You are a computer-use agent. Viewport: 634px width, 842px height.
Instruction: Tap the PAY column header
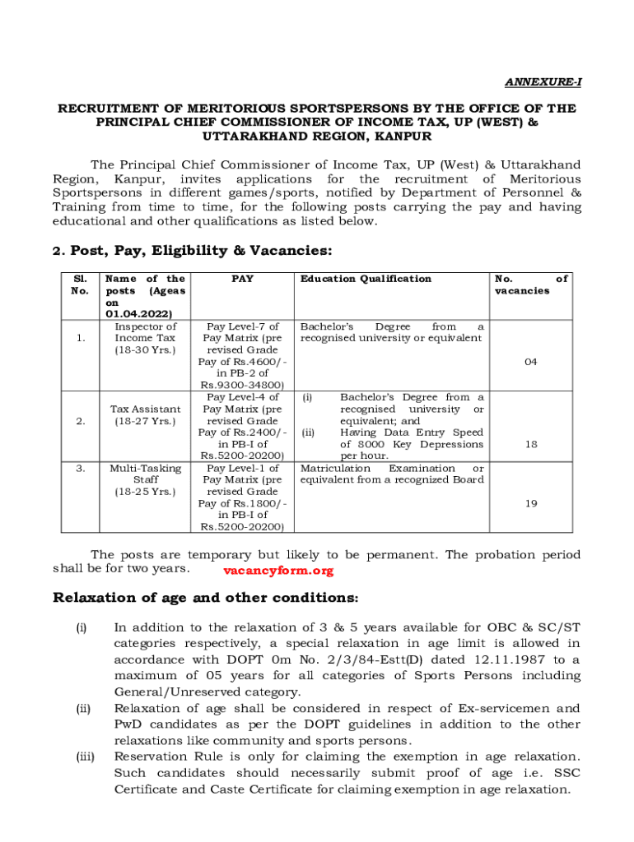242,279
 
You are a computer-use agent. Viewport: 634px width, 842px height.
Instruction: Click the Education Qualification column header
366,279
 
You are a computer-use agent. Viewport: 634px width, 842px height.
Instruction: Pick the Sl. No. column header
81,285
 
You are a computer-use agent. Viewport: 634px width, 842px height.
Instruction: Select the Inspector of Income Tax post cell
145,339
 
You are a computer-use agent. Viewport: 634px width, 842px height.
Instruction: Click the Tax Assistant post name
145,409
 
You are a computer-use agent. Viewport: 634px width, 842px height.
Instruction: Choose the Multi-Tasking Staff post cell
145,479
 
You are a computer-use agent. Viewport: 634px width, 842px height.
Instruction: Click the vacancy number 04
531,361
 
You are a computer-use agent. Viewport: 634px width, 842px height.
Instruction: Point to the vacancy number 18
531,444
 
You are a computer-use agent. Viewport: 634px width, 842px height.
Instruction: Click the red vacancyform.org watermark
278,571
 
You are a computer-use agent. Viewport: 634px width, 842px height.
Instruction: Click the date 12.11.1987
506,659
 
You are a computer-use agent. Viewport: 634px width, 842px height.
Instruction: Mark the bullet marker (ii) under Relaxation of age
82,708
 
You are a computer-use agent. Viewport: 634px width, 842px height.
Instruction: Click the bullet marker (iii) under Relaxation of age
83,756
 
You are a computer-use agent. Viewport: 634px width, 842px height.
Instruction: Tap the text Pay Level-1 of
242,468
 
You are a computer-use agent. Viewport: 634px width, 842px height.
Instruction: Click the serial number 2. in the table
81,421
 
